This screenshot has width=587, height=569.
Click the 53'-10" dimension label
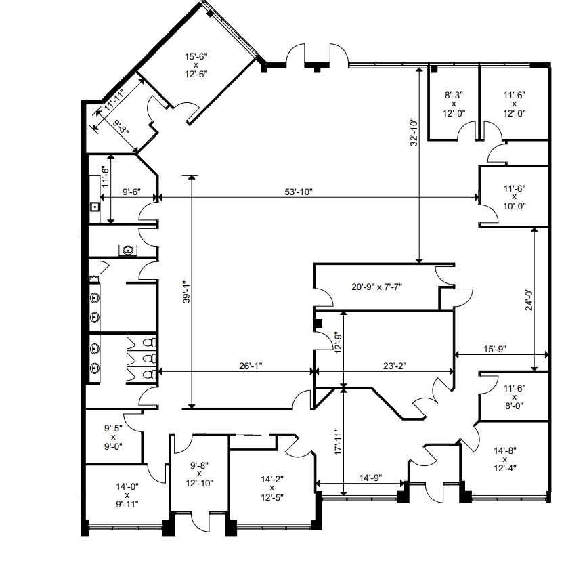[x=299, y=192]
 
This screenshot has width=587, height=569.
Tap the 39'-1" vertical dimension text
[x=187, y=292]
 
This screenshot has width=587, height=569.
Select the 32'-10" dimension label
[x=414, y=132]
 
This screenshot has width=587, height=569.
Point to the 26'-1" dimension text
[x=251, y=366]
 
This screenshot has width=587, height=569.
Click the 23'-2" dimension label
[x=395, y=366]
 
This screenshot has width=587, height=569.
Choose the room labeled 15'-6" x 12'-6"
[x=196, y=65]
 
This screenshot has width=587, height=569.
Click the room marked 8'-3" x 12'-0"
[x=454, y=104]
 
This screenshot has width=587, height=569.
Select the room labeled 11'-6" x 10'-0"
[x=515, y=197]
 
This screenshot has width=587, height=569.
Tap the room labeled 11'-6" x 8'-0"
[x=515, y=397]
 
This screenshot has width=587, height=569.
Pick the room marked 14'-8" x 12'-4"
[x=505, y=459]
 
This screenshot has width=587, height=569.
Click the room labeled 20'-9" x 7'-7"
[x=376, y=287]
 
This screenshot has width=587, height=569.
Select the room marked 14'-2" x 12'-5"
[x=272, y=488]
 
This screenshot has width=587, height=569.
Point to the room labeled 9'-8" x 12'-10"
[x=200, y=474]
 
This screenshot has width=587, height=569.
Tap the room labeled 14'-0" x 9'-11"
[x=127, y=495]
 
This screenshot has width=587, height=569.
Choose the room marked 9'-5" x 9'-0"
[x=113, y=437]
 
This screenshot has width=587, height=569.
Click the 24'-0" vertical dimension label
[x=529, y=299]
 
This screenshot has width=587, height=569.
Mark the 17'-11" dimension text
[x=339, y=442]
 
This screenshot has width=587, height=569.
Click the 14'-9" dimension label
[x=370, y=478]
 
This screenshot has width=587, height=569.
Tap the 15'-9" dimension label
[x=494, y=349]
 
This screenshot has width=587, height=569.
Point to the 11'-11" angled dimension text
[x=114, y=100]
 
